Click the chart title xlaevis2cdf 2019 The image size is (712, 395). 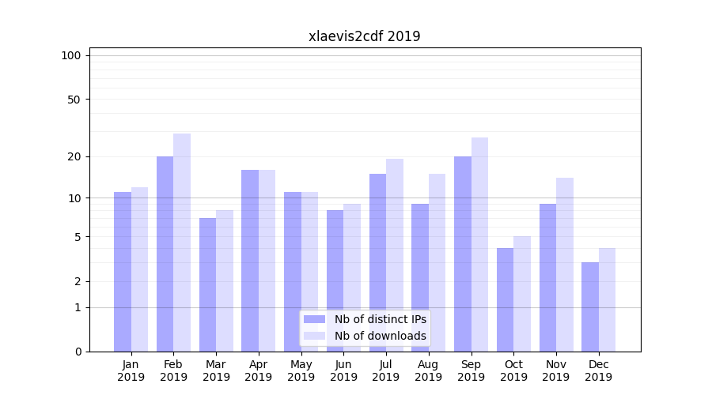click(x=364, y=36)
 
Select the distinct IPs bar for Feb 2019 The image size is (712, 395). click(x=165, y=253)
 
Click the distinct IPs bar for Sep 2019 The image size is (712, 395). click(x=462, y=253)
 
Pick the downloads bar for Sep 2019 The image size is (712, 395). click(x=479, y=244)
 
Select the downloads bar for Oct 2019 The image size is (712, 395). click(x=522, y=293)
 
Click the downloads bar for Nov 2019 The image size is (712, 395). click(x=565, y=264)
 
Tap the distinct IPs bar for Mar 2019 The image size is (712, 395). click(x=207, y=284)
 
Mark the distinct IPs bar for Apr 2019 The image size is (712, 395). click(x=250, y=260)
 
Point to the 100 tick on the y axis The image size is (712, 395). click(x=71, y=55)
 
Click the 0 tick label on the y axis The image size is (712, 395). click(x=78, y=352)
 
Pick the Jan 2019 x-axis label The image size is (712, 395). click(x=131, y=371)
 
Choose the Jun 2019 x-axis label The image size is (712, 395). click(x=343, y=371)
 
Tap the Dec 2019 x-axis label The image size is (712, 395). click(x=599, y=371)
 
